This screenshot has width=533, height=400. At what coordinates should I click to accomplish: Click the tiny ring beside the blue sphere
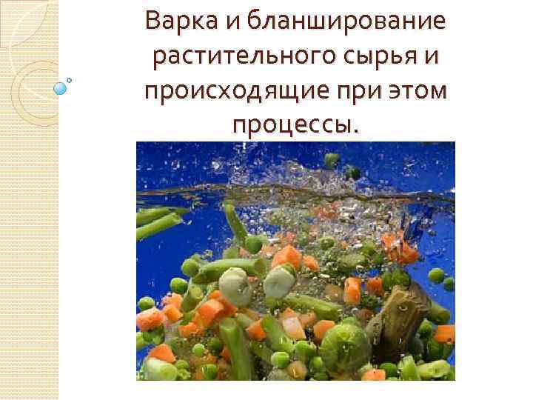70,79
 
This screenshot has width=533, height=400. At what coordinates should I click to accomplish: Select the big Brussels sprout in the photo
346,346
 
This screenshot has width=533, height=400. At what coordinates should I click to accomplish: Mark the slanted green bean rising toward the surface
236,225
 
